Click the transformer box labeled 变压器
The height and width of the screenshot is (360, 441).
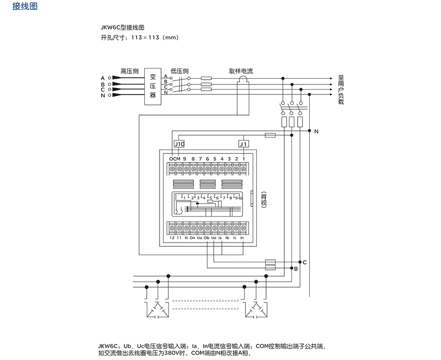tap(153, 86)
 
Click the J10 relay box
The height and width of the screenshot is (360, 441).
tap(179, 144)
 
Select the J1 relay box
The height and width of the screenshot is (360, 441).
tap(244, 144)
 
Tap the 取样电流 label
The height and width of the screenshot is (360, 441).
tap(241, 71)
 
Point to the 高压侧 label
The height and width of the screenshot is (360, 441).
tap(129, 71)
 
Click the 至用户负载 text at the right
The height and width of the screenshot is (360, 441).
tap(341, 90)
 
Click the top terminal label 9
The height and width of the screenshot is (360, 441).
tap(185, 159)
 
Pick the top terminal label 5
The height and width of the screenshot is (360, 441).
tap(215, 159)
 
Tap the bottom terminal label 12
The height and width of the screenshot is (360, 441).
tap(172, 238)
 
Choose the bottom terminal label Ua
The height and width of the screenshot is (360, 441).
tap(199, 238)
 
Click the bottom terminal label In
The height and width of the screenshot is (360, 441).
tap(242, 238)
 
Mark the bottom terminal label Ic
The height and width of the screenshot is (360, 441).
tap(235, 238)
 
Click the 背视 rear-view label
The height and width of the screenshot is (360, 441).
tap(264, 199)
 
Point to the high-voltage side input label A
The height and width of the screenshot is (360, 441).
tap(103, 78)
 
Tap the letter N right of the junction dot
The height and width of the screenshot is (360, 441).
tap(317, 131)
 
